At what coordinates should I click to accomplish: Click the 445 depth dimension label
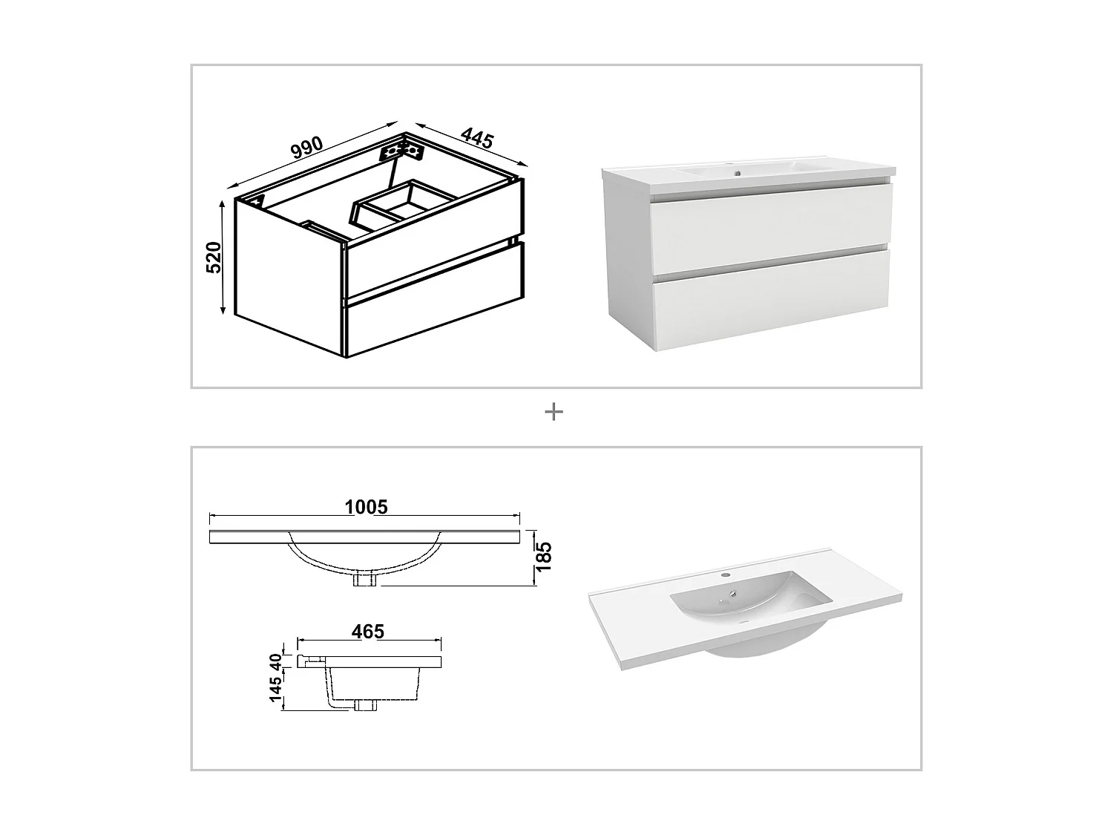477,138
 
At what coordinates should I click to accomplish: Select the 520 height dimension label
214,257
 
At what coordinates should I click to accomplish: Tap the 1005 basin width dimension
366,507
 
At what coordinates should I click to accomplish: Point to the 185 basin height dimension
544,557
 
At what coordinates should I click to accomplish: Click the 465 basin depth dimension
368,631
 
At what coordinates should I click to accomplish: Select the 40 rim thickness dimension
276,660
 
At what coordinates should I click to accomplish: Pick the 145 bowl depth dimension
276,690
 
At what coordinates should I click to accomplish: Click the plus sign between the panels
554,411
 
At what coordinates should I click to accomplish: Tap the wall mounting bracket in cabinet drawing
401,151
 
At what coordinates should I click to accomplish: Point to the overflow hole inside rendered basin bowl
733,593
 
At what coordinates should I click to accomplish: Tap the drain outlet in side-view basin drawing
365,705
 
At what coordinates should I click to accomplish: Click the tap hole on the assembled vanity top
737,174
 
